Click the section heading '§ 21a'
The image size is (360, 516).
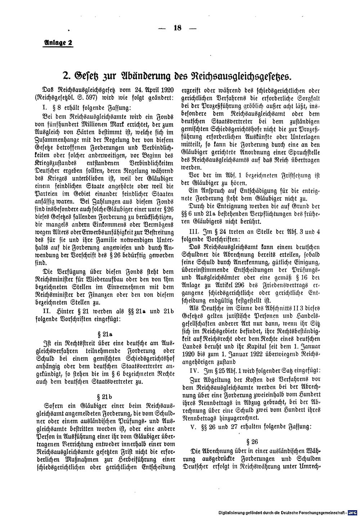108,333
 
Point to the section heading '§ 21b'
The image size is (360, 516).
108,397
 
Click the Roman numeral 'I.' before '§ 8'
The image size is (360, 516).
45,107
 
